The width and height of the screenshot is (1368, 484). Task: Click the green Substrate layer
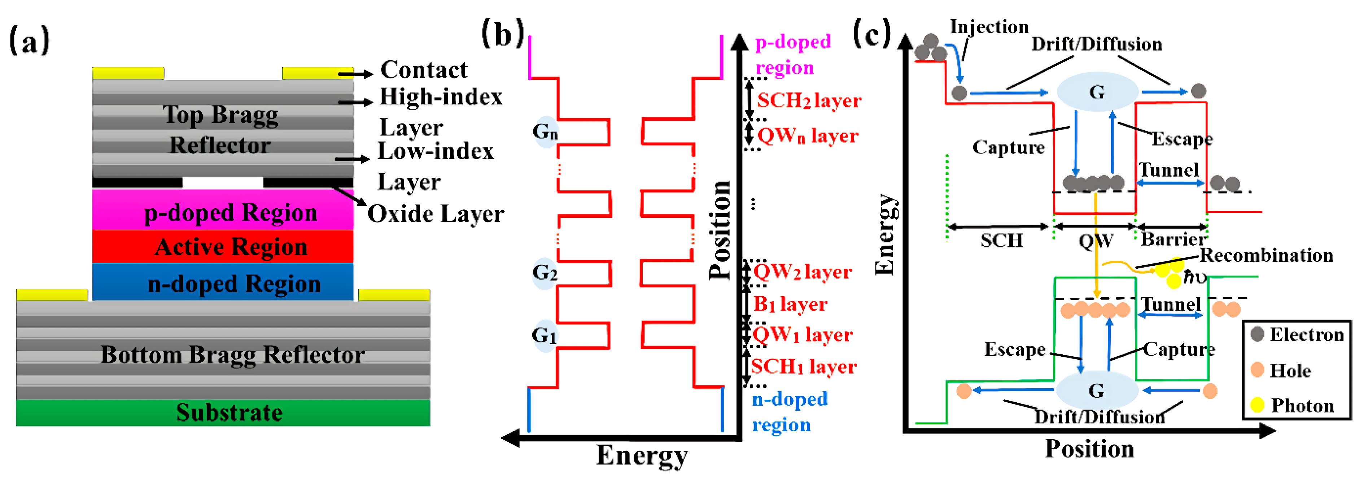223,413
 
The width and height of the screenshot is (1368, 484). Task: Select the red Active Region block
223,247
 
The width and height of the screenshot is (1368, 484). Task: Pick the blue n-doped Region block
223,283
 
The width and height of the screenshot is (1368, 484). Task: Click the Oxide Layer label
436,214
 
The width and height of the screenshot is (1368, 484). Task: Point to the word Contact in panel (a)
423,70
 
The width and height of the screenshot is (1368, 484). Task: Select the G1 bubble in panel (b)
544,336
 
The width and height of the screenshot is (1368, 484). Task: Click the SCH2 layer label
808,100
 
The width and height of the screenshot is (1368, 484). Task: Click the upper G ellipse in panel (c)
1097,92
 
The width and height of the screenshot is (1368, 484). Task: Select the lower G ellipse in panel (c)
1097,390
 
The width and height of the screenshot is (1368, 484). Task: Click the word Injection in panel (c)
989,27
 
